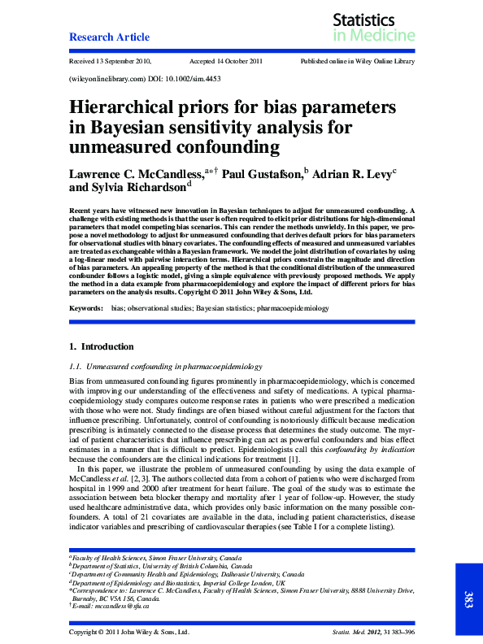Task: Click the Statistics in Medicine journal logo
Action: click(x=373, y=28)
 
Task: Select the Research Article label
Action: click(x=109, y=37)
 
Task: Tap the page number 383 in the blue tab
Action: click(x=468, y=600)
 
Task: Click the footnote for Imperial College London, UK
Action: click(x=179, y=583)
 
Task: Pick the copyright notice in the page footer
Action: click(x=129, y=632)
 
